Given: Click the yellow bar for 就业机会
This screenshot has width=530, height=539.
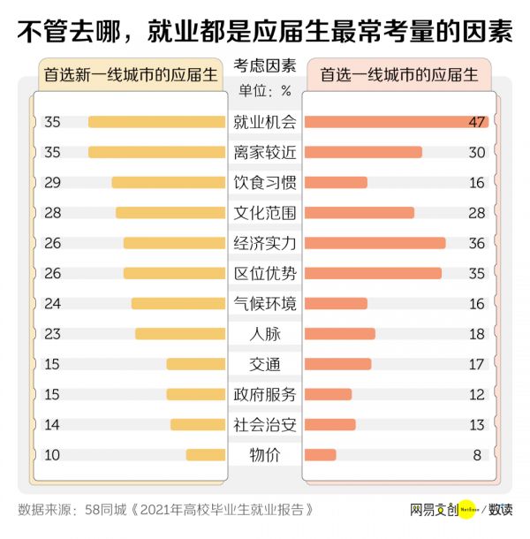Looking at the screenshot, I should [x=156, y=122].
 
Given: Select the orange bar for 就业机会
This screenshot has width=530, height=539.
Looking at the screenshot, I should [x=395, y=122].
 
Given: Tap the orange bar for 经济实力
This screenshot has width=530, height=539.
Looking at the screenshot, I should [x=375, y=243].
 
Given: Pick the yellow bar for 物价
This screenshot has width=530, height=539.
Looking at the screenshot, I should [x=205, y=455].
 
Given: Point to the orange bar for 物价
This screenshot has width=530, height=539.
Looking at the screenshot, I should [x=320, y=455].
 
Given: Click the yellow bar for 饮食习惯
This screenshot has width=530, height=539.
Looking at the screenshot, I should [x=168, y=183].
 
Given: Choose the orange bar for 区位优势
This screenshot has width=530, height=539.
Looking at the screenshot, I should [x=373, y=273].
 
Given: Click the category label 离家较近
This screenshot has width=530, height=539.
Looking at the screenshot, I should [x=265, y=152].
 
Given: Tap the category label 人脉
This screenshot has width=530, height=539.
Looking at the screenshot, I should [x=265, y=334].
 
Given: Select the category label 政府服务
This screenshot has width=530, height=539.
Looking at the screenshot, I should [x=265, y=394].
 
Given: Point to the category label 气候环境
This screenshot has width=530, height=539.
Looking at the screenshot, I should [x=265, y=303].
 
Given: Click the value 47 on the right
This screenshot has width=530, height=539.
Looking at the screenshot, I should [x=478, y=122].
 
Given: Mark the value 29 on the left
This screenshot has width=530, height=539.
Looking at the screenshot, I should [x=52, y=183].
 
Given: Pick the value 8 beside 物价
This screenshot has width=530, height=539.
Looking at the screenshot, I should [x=478, y=455].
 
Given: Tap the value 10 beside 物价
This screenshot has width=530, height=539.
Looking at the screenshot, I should [x=52, y=455].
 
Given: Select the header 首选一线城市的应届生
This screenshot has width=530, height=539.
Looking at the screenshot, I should [x=398, y=75].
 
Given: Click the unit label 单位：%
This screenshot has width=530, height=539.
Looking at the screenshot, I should [x=265, y=89].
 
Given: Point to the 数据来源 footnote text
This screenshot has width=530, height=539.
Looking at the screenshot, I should [x=165, y=510].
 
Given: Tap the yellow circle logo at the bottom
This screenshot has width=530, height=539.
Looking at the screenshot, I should [x=466, y=510].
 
